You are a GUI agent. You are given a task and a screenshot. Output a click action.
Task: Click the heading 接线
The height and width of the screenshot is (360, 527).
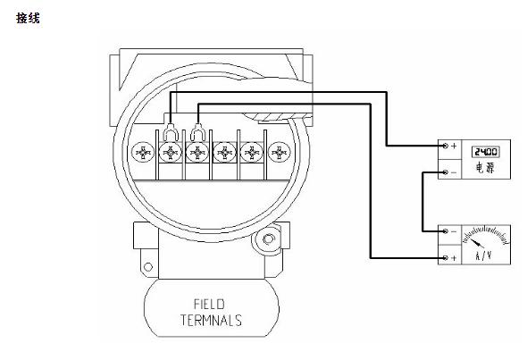[28, 18]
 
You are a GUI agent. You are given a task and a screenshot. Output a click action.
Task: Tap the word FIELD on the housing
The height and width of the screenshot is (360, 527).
[209, 305]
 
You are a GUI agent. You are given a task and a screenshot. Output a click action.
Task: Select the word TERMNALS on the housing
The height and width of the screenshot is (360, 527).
[211, 320]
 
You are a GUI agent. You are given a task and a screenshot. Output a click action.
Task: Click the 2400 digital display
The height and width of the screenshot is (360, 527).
[486, 152]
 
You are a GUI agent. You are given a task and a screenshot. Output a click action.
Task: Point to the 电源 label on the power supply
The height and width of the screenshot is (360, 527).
[485, 167]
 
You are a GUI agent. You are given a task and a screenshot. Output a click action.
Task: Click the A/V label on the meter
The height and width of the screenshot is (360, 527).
[483, 255]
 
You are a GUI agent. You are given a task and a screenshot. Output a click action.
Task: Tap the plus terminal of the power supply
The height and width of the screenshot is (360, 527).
[446, 146]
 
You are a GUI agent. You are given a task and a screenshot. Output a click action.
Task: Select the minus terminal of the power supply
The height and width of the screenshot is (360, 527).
[446, 172]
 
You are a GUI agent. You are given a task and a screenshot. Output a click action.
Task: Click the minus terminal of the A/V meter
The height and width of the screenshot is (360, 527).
[446, 231]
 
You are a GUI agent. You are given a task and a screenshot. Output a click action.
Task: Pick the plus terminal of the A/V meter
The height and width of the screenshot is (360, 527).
[446, 258]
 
